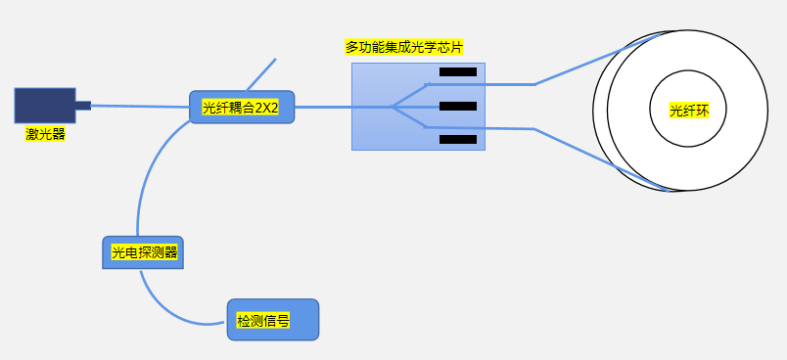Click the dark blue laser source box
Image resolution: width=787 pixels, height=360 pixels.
pyautogui.click(x=44, y=106)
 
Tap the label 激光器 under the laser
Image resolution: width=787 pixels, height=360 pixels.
pyautogui.click(x=45, y=134)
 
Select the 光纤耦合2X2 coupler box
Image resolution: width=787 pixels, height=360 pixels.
pyautogui.click(x=241, y=107)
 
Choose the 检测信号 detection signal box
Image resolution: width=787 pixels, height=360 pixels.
pyautogui.click(x=272, y=320)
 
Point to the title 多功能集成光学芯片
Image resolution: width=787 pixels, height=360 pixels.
pyautogui.click(x=403, y=47)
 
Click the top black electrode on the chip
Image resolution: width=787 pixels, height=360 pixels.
pyautogui.click(x=457, y=71)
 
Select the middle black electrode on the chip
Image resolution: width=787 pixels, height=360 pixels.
pyautogui.click(x=457, y=106)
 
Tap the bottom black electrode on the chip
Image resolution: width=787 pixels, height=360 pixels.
pyautogui.click(x=457, y=139)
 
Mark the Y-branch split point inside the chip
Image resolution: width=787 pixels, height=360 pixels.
pyautogui.click(x=391, y=107)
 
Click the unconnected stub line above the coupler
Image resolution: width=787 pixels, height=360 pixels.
pyautogui.click(x=261, y=73)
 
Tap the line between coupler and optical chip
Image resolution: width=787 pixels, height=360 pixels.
pyautogui.click(x=323, y=107)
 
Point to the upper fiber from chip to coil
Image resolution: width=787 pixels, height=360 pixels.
pyautogui.click(x=578, y=65)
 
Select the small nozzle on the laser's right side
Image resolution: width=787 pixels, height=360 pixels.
pyautogui.click(x=82, y=105)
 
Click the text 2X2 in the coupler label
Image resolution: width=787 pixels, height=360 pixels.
pyautogui.click(x=266, y=108)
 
